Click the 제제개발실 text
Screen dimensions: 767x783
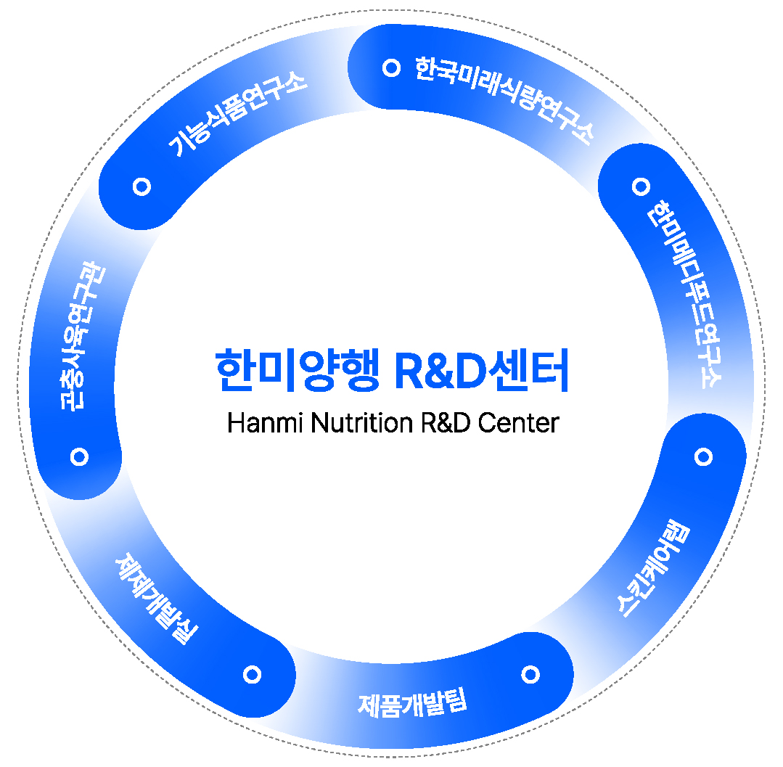point(156,599)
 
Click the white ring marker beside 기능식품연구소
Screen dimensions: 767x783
point(142,186)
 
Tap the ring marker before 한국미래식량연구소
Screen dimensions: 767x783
point(392,67)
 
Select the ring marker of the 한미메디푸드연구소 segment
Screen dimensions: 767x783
point(640,186)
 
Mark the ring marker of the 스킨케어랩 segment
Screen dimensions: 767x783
point(703,456)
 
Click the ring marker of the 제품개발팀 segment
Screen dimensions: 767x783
point(530,674)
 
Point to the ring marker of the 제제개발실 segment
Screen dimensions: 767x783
point(252,675)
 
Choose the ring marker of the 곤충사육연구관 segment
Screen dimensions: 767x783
point(80,456)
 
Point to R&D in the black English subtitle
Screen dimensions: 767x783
point(446,422)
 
